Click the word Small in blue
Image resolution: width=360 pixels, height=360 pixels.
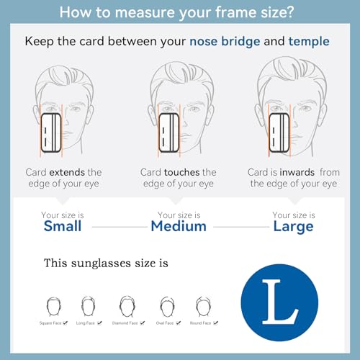click(x=63, y=226)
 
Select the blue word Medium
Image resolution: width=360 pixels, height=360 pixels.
click(x=179, y=226)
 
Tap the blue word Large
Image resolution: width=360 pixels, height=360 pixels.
click(x=293, y=227)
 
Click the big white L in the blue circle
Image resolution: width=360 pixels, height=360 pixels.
click(x=280, y=302)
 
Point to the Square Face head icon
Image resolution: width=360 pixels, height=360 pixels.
click(x=53, y=307)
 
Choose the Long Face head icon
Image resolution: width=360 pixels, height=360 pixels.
click(x=88, y=306)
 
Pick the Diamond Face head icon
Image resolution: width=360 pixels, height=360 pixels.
click(x=127, y=306)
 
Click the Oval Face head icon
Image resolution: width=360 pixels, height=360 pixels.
click(x=167, y=307)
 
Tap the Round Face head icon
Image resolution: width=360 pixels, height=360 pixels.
click(x=203, y=307)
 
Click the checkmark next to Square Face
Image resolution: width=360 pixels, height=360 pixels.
click(x=65, y=323)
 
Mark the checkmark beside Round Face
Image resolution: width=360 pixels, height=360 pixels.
click(x=215, y=323)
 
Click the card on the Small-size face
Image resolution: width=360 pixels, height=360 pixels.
click(x=51, y=132)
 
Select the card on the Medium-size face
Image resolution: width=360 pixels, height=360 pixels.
click(x=169, y=132)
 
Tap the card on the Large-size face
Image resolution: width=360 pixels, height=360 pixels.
click(x=279, y=132)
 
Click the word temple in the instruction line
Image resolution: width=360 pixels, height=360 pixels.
click(x=309, y=42)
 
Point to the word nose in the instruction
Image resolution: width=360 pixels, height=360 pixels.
click(x=203, y=42)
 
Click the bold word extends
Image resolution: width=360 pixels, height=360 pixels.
click(x=67, y=172)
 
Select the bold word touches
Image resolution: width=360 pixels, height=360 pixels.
click(x=181, y=172)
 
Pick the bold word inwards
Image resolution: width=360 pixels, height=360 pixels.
click(x=297, y=172)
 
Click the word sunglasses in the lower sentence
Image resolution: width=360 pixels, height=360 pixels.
click(x=102, y=264)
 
